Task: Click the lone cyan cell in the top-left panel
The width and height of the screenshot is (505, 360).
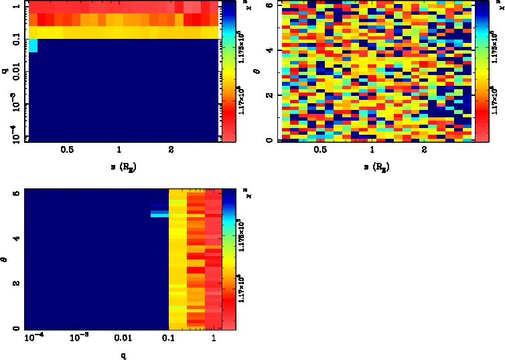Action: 32,46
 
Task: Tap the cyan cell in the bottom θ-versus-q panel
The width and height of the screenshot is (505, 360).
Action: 159,215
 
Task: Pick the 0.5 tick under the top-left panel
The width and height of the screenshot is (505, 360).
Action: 67,151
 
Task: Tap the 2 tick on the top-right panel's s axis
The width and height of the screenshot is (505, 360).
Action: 425,151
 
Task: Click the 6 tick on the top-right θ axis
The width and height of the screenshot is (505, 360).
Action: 269,5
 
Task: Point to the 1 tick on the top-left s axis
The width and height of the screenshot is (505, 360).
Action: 119,151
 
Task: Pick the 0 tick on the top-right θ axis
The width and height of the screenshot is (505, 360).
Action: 269,139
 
